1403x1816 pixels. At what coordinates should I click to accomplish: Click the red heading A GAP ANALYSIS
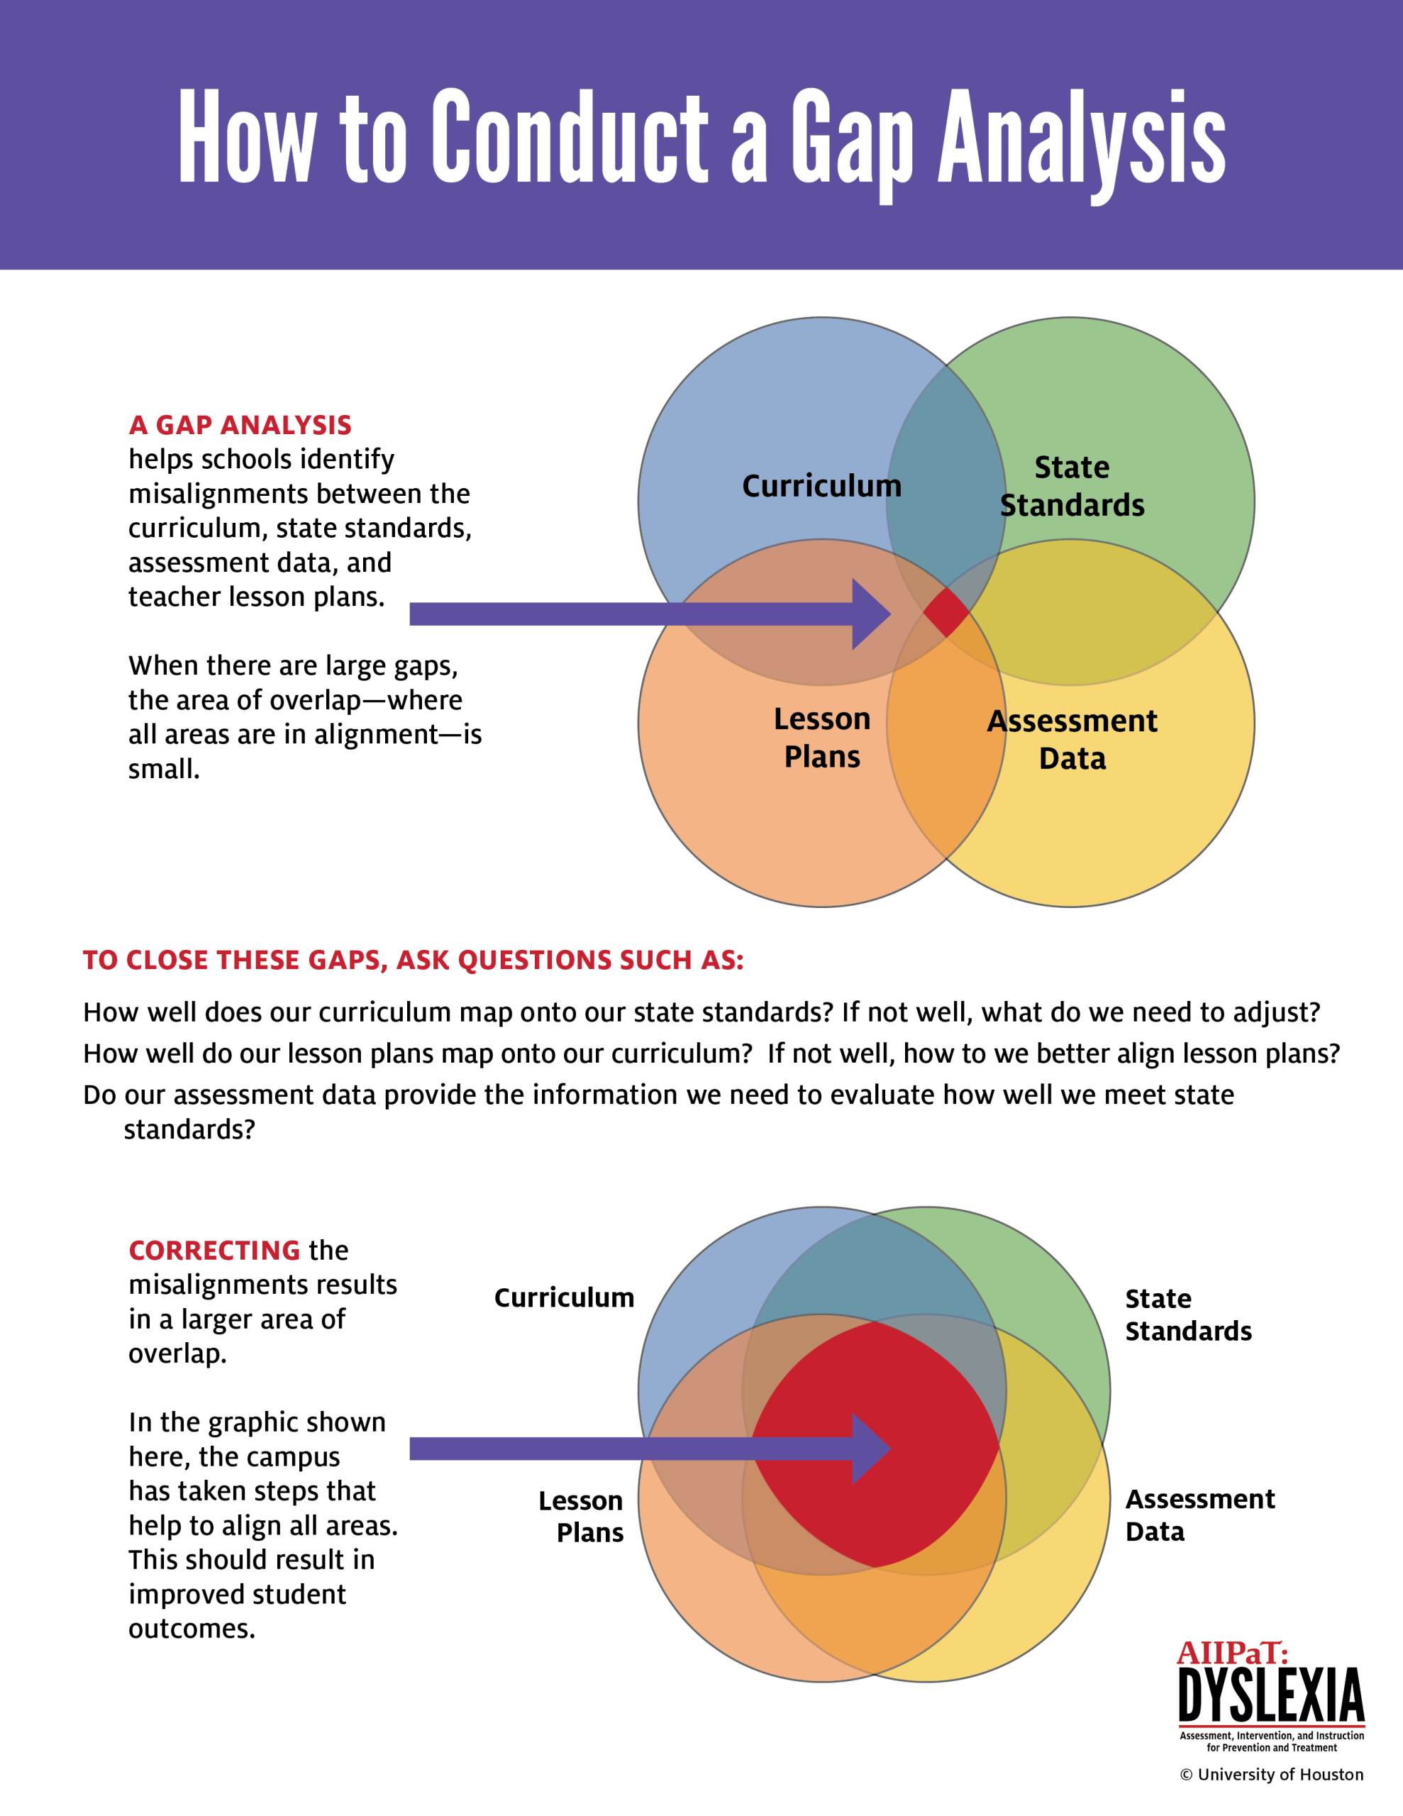coord(240,425)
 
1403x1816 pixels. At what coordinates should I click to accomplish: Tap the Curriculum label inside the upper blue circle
coord(821,486)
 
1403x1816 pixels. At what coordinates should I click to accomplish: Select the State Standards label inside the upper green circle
coord(1071,486)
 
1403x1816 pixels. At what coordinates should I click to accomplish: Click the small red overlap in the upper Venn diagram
coord(945,612)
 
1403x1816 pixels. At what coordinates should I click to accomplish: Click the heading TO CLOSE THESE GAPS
coord(413,960)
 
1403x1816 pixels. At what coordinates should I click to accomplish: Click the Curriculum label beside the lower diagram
coord(564,1297)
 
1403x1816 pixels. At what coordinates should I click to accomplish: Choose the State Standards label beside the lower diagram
coord(1187,1314)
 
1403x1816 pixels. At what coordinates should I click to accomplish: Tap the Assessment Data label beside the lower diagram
coord(1199,1515)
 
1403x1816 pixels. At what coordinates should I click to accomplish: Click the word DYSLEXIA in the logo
coord(1271,1696)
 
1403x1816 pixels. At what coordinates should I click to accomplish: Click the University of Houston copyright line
coord(1271,1774)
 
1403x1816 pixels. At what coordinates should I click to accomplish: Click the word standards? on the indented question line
coord(189,1129)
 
